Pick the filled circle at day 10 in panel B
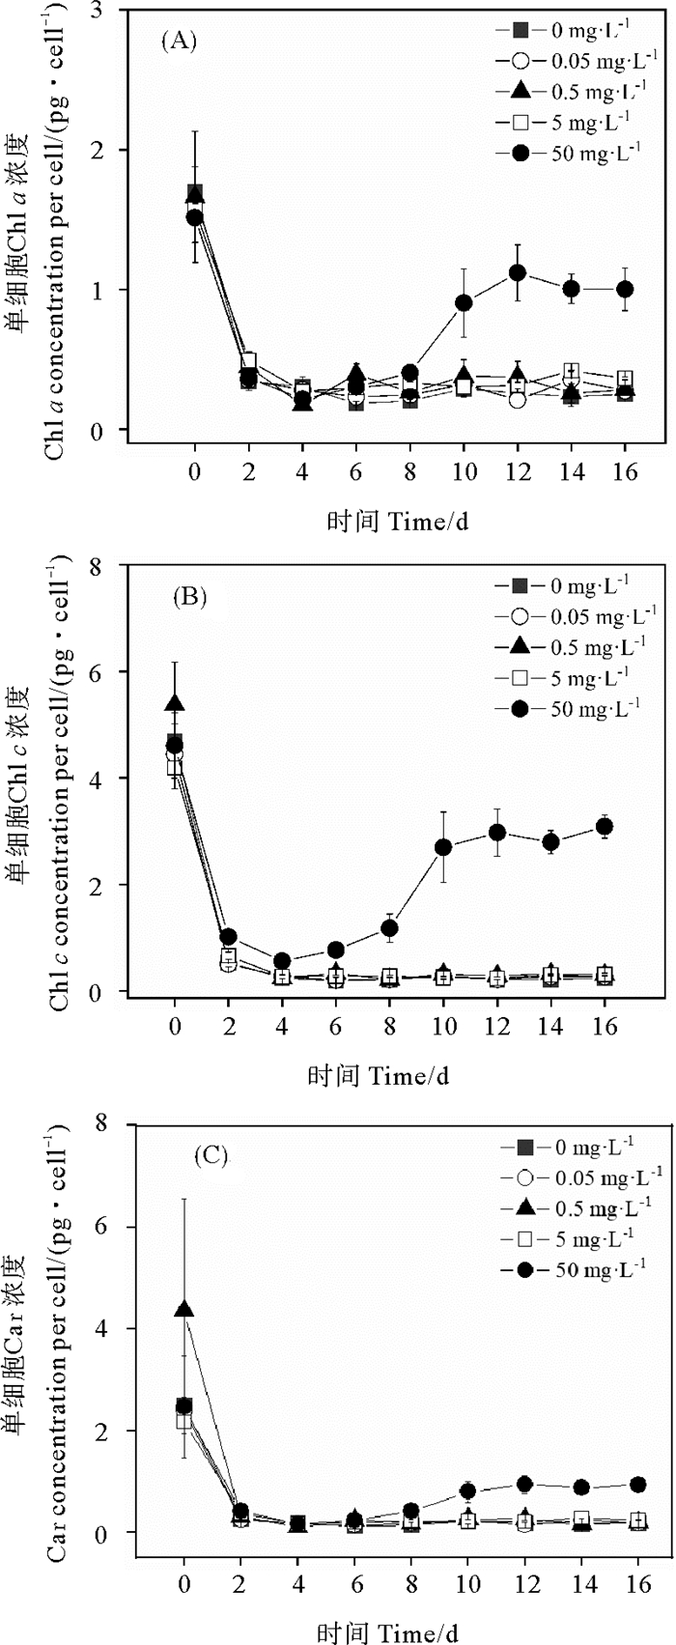tap(443, 847)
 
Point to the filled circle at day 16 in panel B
tap(605, 826)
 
